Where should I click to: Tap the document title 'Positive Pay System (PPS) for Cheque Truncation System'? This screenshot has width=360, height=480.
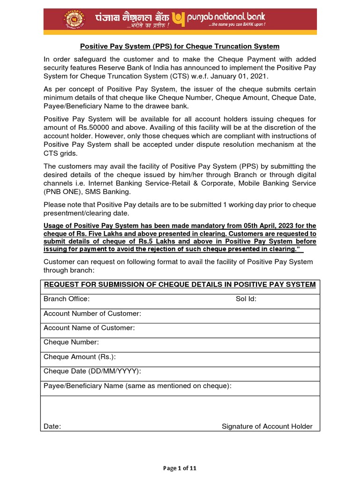coord(180,46)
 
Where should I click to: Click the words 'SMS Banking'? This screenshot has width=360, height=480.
coord(111,192)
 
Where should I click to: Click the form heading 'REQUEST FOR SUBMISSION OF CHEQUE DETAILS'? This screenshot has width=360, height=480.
coord(180,285)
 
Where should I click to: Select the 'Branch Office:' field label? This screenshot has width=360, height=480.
coord(67,299)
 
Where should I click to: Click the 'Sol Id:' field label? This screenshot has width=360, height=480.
coord(246,299)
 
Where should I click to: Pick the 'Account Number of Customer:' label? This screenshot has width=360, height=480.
coord(92,314)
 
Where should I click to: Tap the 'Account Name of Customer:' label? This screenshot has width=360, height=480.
coord(89,328)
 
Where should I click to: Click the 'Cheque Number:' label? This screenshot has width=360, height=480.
coord(71,342)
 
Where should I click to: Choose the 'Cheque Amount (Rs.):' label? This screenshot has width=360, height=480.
coord(80,357)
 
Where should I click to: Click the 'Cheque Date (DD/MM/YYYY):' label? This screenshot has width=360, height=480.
coord(92,371)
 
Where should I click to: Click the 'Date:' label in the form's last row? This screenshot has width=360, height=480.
coord(52,426)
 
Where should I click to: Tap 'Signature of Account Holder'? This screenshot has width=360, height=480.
coord(267,426)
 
